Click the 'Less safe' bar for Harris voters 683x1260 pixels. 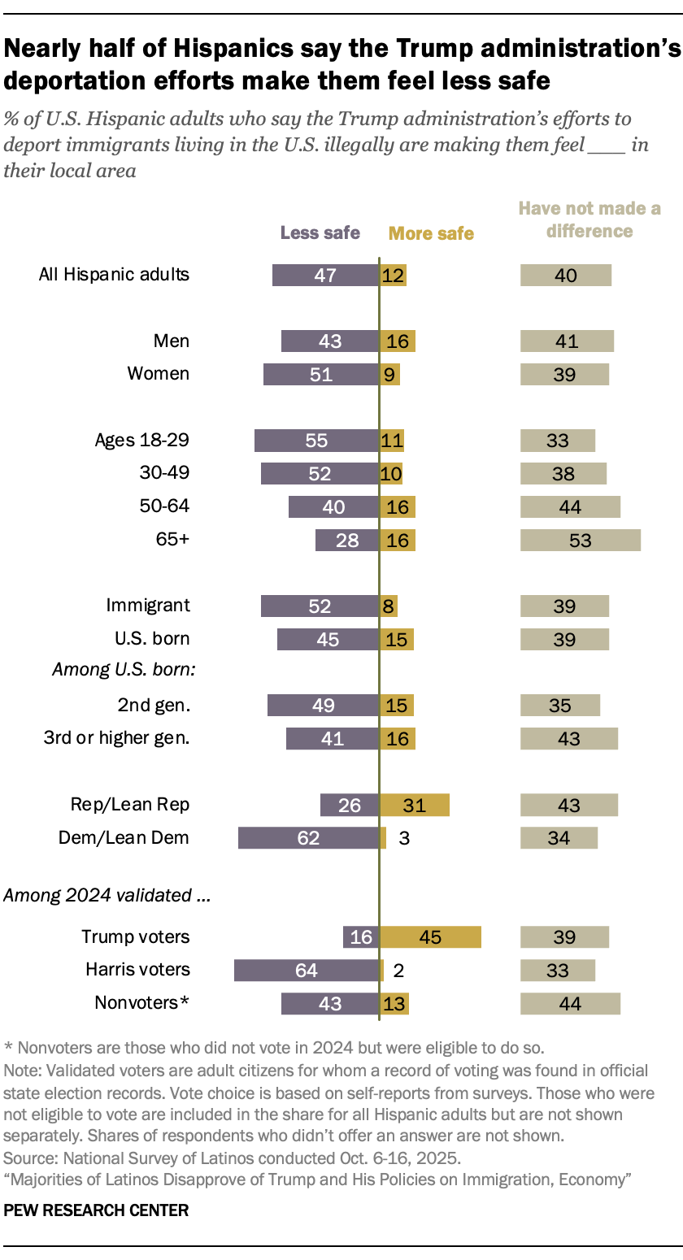tap(306, 970)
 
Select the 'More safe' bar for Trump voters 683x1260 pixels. tap(430, 936)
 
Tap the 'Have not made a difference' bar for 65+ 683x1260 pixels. tap(581, 540)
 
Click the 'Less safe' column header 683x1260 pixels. tap(320, 232)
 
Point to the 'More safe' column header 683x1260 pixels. tap(431, 234)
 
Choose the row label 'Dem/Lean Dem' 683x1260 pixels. tap(124, 837)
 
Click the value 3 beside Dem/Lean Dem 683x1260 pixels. tap(404, 838)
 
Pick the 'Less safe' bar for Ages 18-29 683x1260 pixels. tap(316, 441)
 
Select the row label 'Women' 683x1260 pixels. tap(159, 374)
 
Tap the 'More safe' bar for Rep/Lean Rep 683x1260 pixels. tap(415, 805)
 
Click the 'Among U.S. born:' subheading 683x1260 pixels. tap(126, 670)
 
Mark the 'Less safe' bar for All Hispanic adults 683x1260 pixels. tap(325, 275)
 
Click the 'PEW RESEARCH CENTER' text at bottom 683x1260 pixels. tap(96, 1210)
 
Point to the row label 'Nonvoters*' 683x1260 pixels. tap(142, 1003)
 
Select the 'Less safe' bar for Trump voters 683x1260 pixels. tap(361, 936)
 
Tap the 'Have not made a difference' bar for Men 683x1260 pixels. tap(567, 341)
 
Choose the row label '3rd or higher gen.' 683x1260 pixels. tap(116, 738)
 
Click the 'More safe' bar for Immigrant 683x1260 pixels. tap(389, 606)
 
